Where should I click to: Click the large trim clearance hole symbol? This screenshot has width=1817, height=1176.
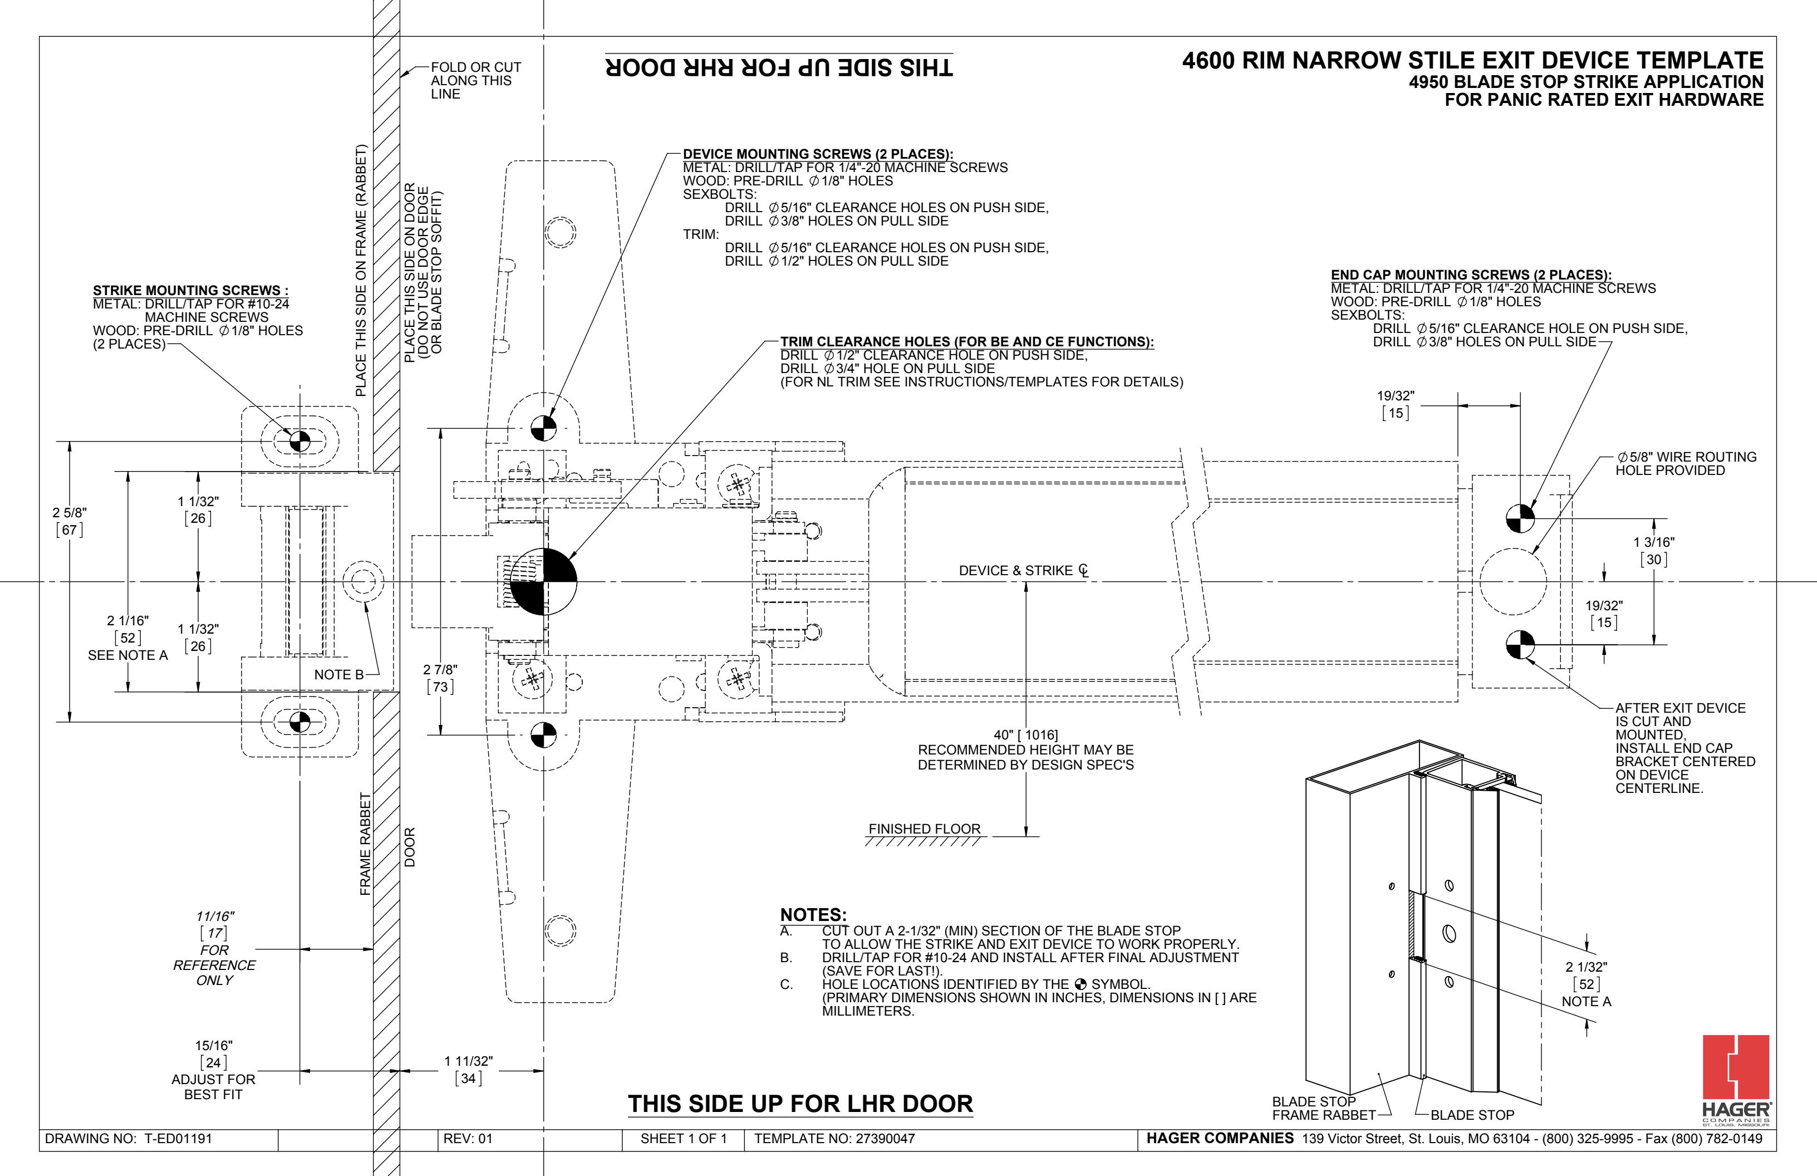pyautogui.click(x=543, y=581)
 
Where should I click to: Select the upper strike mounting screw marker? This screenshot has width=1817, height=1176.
pyautogui.click(x=299, y=442)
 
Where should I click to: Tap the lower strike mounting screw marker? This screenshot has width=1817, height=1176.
pyautogui.click(x=299, y=722)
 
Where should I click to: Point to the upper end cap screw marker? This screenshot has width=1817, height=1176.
pyautogui.click(x=1520, y=518)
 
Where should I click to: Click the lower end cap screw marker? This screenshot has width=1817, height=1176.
pyautogui.click(x=1520, y=644)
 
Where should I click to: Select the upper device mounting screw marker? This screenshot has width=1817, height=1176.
pyautogui.click(x=543, y=428)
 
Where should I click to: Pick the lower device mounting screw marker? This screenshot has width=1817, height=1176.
pyautogui.click(x=543, y=736)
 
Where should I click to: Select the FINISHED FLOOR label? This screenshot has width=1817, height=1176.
pyautogui.click(x=925, y=829)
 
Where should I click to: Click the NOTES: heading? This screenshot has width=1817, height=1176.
pyautogui.click(x=813, y=915)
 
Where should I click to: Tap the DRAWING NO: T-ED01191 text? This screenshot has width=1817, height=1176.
pyautogui.click(x=128, y=1139)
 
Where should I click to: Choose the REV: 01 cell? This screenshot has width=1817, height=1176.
pyautogui.click(x=468, y=1139)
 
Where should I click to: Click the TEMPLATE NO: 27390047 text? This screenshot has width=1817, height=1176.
pyautogui.click(x=834, y=1139)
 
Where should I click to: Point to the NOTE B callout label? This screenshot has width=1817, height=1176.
pyautogui.click(x=339, y=674)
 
